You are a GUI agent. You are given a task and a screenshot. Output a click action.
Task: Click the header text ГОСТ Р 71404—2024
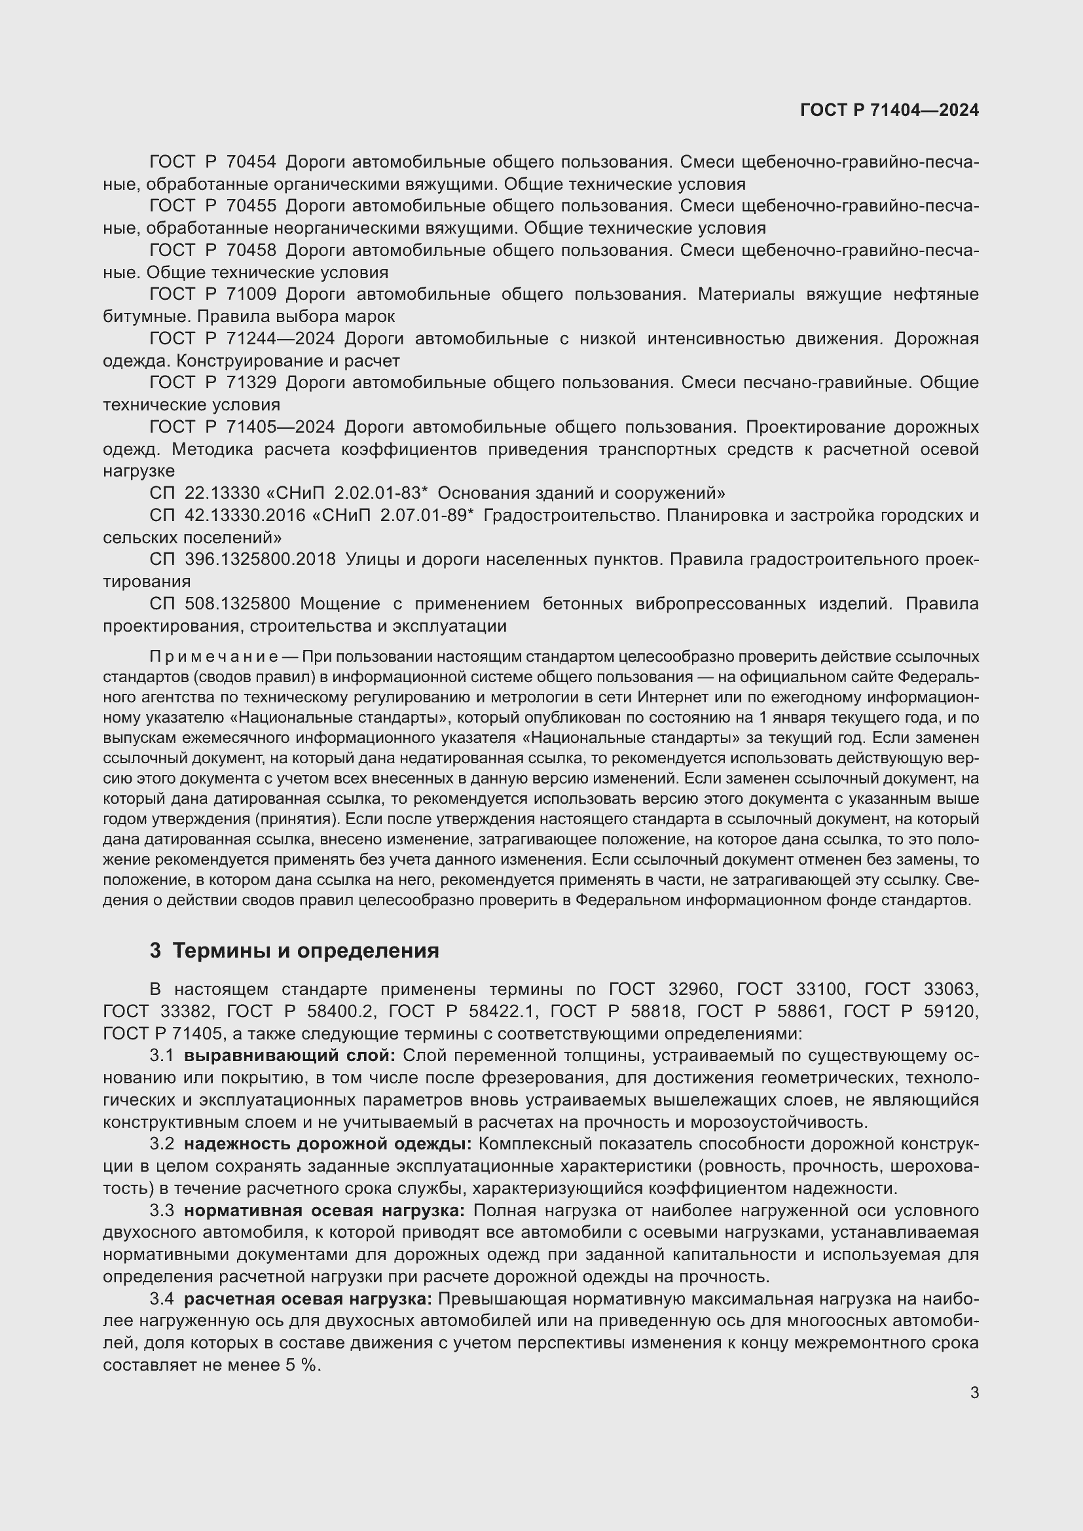pyautogui.click(x=889, y=111)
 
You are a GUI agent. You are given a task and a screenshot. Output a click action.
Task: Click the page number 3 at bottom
pyautogui.click(x=974, y=1392)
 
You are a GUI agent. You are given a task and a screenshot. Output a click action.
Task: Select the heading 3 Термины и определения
pyautogui.click(x=294, y=951)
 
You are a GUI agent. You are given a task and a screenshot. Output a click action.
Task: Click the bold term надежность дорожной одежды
pyautogui.click(x=327, y=1144)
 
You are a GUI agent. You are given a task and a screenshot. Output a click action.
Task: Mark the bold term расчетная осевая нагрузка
pyautogui.click(x=308, y=1299)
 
